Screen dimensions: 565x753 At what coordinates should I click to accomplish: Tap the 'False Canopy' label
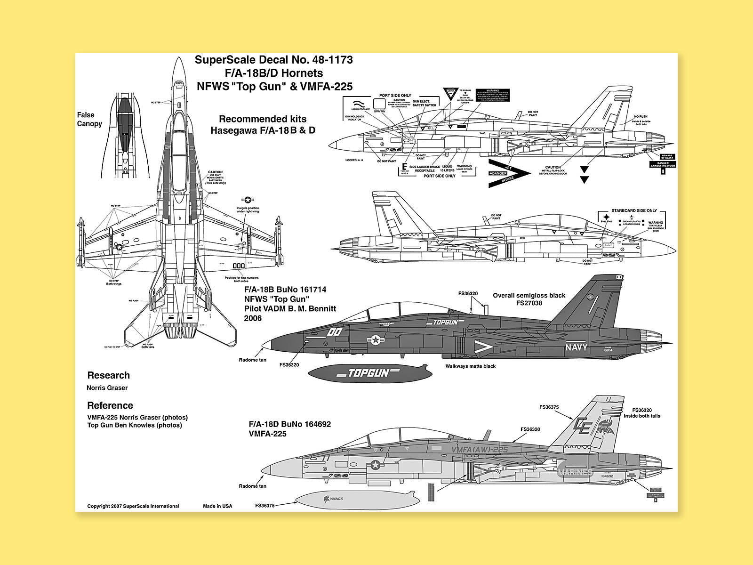tap(89, 119)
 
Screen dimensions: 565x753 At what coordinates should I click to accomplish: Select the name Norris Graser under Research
tap(107, 388)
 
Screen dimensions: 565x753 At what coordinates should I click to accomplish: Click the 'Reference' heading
tap(110, 405)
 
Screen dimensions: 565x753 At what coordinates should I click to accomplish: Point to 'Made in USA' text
tap(217, 506)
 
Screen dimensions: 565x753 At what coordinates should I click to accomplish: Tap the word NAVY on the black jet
tap(576, 347)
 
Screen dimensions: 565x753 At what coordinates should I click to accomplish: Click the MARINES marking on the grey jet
tap(576, 472)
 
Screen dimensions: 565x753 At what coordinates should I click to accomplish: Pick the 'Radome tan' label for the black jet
tap(253, 360)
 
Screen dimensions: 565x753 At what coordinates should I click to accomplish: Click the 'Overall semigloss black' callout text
tap(529, 295)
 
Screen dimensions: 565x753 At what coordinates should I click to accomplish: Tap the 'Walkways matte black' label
tap(471, 366)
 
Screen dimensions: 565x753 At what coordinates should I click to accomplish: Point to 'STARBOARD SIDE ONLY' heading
tap(634, 210)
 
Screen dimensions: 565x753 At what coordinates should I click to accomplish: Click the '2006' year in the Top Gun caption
tap(252, 318)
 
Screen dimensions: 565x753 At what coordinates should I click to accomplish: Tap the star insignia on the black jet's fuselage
tap(376, 339)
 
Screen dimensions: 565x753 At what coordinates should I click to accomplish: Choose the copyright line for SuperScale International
tap(133, 506)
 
